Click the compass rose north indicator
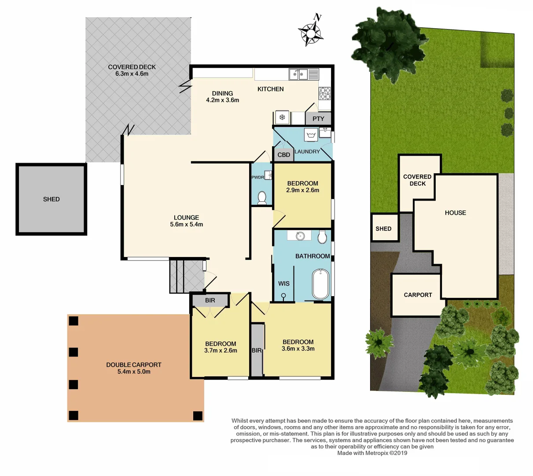312,32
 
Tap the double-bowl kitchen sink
298,74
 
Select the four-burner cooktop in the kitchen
324,93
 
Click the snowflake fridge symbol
282,117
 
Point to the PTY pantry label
318,119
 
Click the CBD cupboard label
284,155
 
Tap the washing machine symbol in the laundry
311,134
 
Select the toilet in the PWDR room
262,197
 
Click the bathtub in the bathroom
320,284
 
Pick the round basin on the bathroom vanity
300,236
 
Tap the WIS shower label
284,283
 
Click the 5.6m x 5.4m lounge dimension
187,224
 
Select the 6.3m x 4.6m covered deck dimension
132,74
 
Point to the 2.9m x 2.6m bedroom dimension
303,190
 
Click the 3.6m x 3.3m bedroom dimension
298,349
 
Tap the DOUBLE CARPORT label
134,364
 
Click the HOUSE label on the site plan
455,213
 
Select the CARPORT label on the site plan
418,295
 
